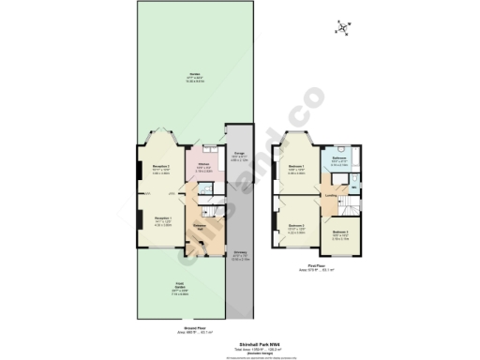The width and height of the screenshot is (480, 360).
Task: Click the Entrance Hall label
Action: [200, 228]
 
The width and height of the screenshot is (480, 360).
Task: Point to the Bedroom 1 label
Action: [295, 170]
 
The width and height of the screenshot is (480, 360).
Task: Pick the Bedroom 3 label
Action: [339, 234]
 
